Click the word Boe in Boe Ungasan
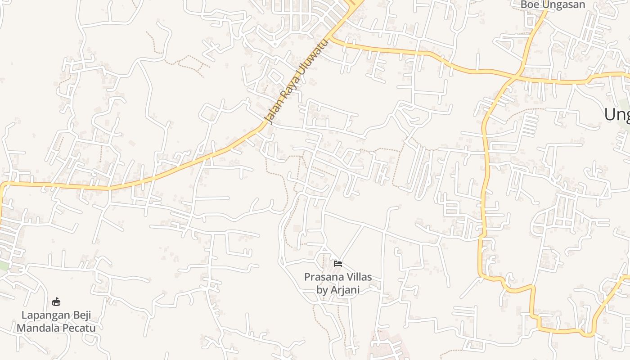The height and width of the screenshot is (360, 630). point(530,4)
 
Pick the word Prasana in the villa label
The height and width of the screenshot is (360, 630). point(321,277)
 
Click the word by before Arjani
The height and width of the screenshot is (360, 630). point(322,290)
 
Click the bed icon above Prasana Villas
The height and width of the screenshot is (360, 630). point(338,263)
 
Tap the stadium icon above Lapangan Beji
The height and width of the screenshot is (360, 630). point(56,301)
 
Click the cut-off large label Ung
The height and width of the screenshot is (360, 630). point(616,115)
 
